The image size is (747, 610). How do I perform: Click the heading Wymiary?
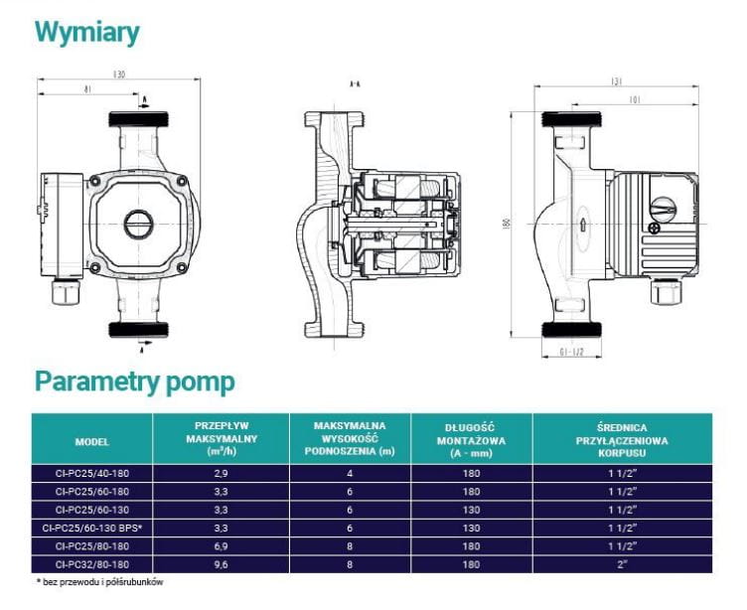click(x=86, y=32)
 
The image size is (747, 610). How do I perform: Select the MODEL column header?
click(x=91, y=441)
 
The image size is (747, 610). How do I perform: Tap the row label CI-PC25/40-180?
click(x=91, y=473)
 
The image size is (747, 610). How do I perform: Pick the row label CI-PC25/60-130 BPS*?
click(x=91, y=527)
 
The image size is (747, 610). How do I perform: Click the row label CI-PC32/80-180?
click(x=91, y=563)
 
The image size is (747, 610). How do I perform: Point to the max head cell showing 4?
click(x=350, y=473)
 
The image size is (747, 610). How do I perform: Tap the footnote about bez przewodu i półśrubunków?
click(x=99, y=582)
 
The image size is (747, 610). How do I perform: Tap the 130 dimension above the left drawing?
click(x=119, y=75)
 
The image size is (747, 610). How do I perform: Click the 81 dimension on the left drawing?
click(x=89, y=90)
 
